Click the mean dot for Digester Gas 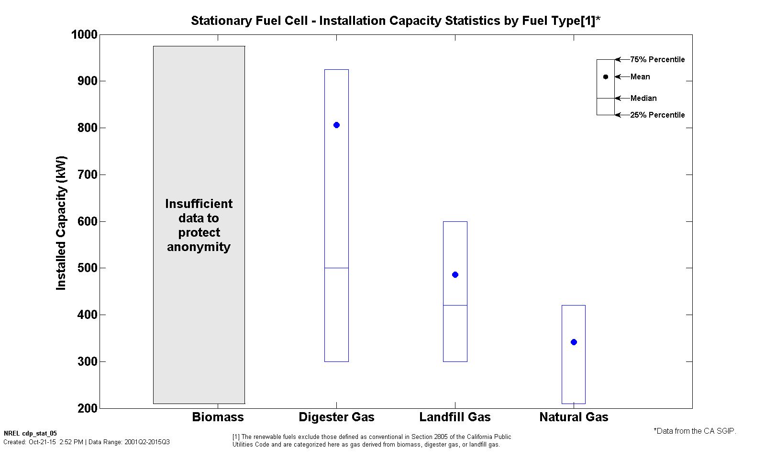coord(336,125)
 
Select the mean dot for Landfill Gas coord(455,275)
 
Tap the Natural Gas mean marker coord(574,342)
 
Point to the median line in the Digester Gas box coord(336,268)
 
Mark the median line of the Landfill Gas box coord(455,306)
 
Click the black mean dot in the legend coord(606,77)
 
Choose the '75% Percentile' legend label coord(657,60)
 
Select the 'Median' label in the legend coord(643,98)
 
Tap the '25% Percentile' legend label coord(657,115)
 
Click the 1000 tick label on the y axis coord(84,35)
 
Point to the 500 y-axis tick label coord(87,268)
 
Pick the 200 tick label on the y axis coord(87,408)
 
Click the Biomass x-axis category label coord(218,417)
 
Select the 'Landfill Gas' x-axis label coord(455,417)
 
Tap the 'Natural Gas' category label coord(574,417)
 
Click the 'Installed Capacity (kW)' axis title coord(61,223)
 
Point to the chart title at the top coord(395,21)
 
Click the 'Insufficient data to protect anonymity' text coord(199,225)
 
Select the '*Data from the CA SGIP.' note coord(695,431)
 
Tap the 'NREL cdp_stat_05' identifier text coord(30,434)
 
